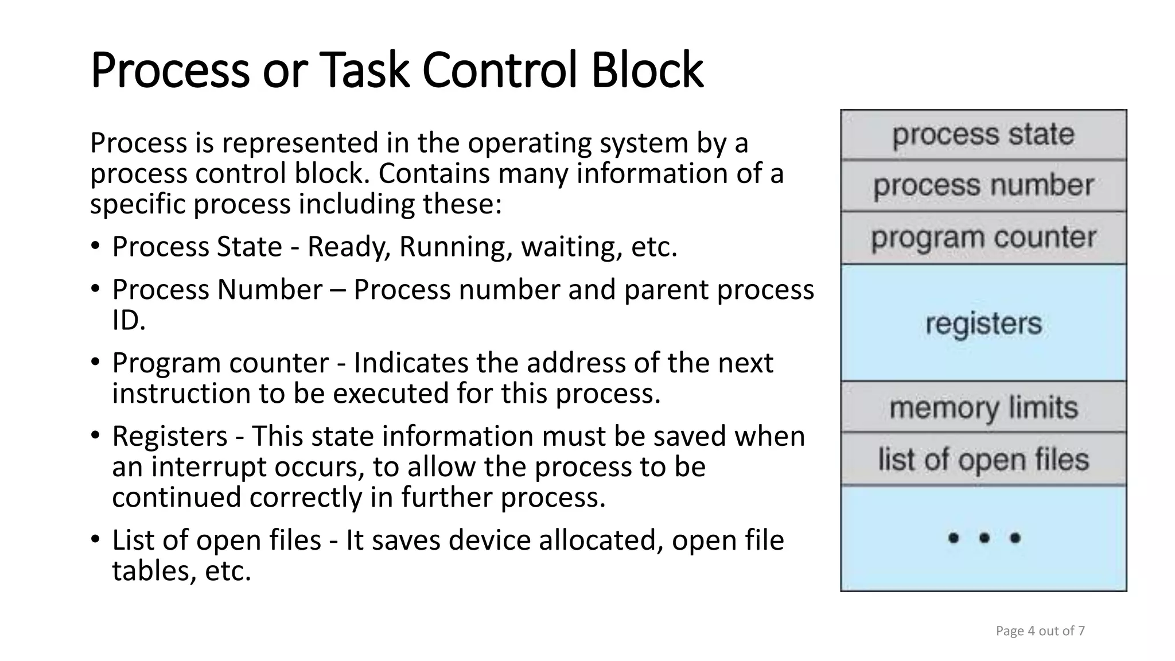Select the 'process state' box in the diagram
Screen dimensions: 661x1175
click(983, 135)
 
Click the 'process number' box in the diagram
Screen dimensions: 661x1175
click(983, 186)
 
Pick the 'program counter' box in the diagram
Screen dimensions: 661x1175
click(983, 238)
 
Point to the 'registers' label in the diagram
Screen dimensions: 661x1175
click(983, 323)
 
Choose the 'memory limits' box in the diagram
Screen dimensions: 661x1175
click(983, 407)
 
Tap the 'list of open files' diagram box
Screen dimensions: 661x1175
click(983, 459)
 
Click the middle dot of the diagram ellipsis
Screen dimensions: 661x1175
click(985, 538)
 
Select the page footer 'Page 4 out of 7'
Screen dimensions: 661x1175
click(1040, 631)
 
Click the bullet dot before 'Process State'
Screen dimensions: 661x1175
click(95, 247)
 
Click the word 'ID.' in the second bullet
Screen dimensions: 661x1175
click(129, 320)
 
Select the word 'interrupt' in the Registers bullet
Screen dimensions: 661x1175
click(209, 466)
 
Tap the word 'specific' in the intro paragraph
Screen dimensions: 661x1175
click(137, 204)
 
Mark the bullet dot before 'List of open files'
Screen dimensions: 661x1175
click(95, 540)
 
